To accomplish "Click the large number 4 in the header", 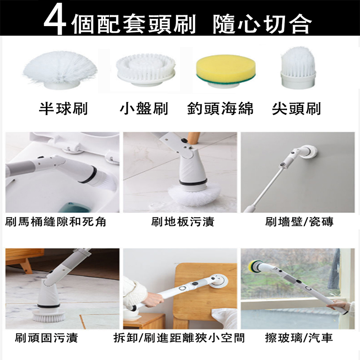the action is point(55,22).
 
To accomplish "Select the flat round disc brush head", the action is point(145,70).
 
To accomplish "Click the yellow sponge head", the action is point(226,71).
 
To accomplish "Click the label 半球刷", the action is point(63,108).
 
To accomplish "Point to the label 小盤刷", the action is point(144,108).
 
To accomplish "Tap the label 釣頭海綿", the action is point(220,108).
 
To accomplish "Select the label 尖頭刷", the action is point(296,108).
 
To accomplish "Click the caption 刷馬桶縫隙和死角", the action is point(55,222).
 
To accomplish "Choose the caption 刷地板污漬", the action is point(183,222).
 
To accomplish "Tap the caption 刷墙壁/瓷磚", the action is point(299,222).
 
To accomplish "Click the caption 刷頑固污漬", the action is point(47,338).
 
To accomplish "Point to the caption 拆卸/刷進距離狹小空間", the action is point(179,338).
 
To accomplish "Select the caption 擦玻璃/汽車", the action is point(299,338).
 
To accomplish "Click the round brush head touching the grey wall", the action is point(310,152).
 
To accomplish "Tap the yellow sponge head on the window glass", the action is point(254,265).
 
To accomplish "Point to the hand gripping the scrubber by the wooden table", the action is point(154,298).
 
